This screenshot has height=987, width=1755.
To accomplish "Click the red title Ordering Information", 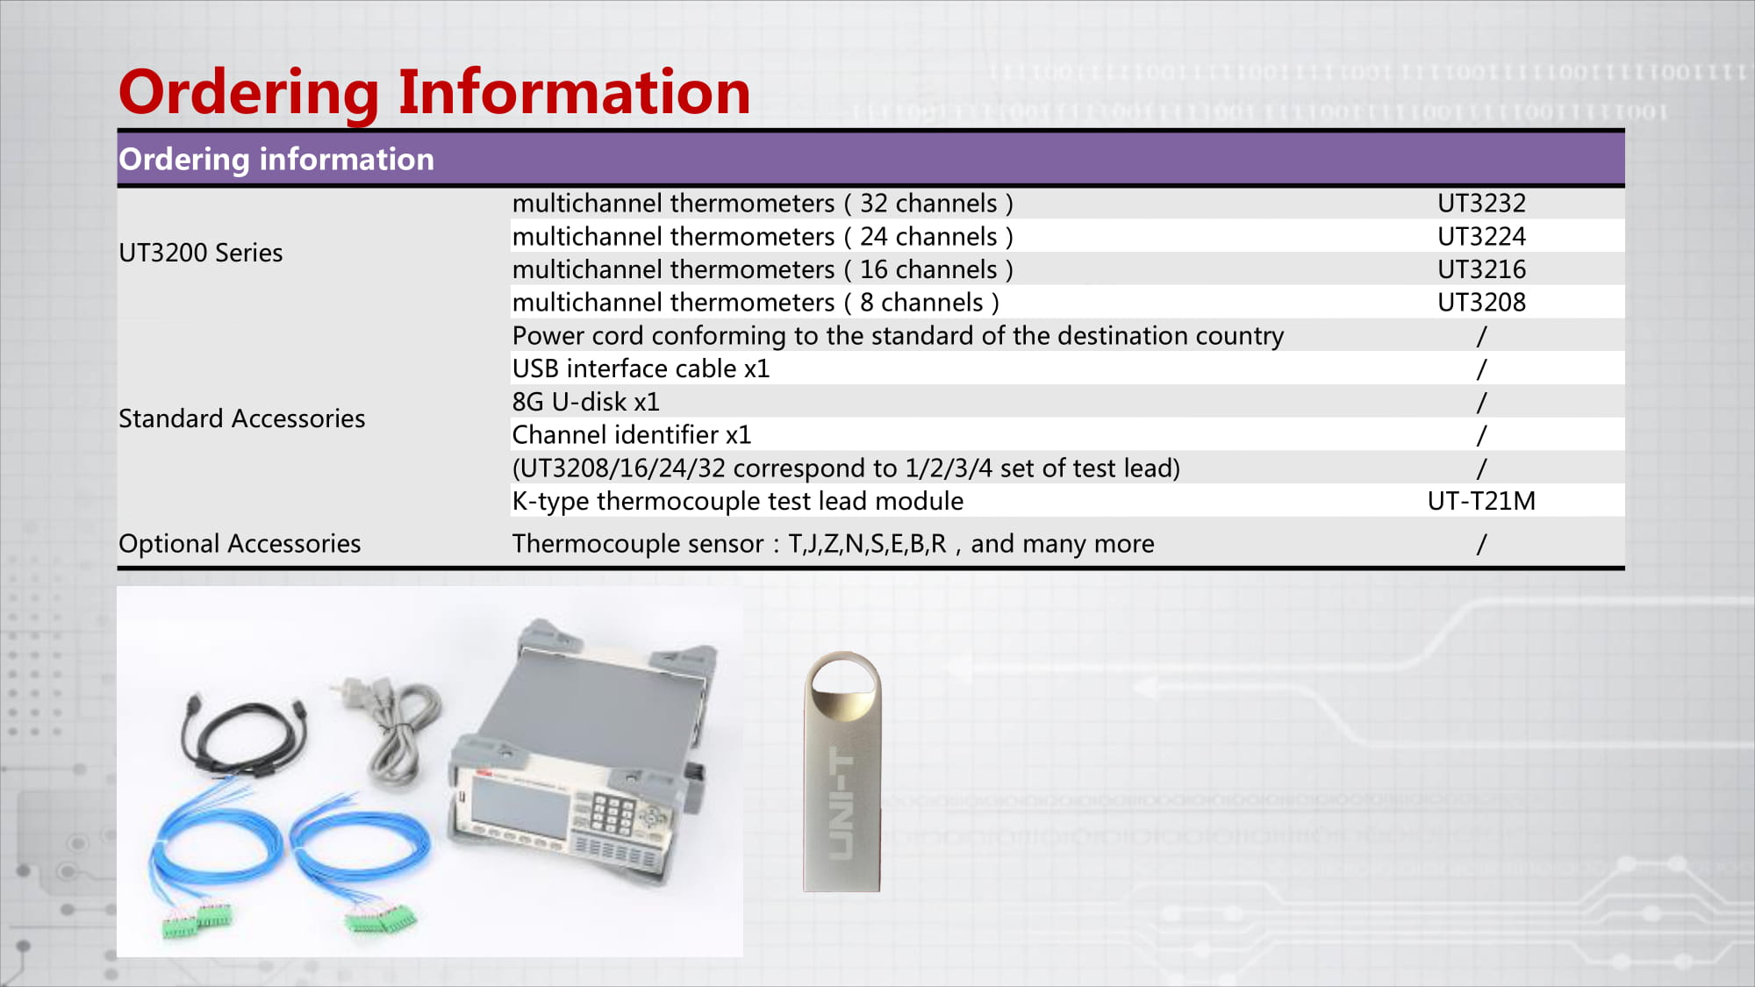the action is coord(434,92).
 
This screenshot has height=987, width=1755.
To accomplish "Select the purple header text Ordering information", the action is coord(276,160).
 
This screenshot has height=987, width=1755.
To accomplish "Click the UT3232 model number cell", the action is coord(1481,204).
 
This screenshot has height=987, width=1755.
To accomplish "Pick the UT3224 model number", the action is coord(1481,237).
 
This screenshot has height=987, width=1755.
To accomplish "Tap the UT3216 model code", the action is coord(1481,269).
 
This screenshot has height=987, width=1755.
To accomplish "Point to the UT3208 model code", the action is coord(1481,303).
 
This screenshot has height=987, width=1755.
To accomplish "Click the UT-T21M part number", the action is coord(1481,501).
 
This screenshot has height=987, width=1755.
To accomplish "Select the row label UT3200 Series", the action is coord(201,253).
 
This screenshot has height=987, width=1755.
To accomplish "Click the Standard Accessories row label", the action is coord(242,418).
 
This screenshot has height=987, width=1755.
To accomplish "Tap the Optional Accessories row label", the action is coord(240,544).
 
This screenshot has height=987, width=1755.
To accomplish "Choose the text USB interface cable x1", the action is coord(641,368).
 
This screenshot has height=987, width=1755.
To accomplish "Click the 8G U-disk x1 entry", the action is coord(585,402).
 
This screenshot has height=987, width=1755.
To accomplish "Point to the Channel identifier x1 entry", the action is coord(632,435).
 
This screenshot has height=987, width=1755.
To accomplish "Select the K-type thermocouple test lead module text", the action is coord(738,501).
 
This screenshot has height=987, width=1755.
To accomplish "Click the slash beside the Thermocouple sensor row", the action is coord(1481,544).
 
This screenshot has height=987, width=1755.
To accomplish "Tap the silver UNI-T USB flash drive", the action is coord(842,772).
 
